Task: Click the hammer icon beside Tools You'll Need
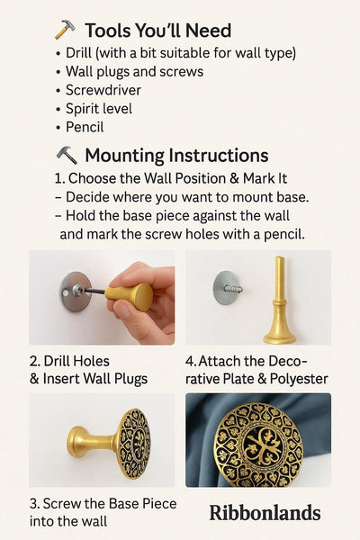pyautogui.click(x=65, y=31)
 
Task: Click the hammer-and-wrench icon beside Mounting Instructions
pyautogui.click(x=67, y=155)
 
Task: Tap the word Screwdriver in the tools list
pyautogui.click(x=104, y=90)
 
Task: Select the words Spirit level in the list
pyautogui.click(x=99, y=109)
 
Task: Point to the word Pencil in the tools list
pyautogui.click(x=85, y=128)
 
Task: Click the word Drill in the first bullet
pyautogui.click(x=79, y=53)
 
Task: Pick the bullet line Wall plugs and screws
pyautogui.click(x=134, y=71)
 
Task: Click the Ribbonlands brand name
pyautogui.click(x=265, y=513)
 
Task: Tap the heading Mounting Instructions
pyautogui.click(x=176, y=155)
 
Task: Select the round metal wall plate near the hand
pyautogui.click(x=74, y=291)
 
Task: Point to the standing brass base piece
pyautogui.click(x=279, y=306)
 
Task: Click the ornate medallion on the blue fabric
pyautogui.click(x=258, y=445)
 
